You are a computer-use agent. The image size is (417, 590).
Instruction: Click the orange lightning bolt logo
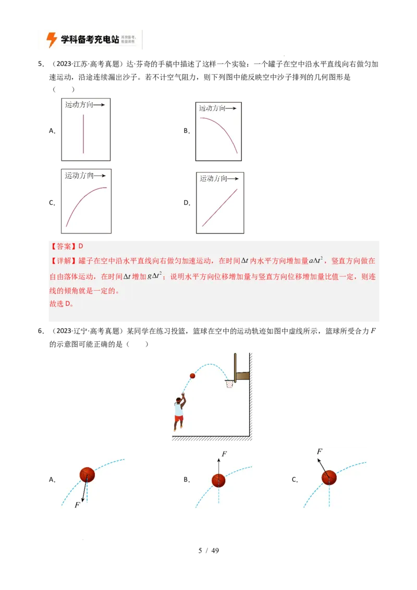click(x=52, y=40)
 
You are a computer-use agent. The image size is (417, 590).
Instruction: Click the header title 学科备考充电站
click(x=90, y=40)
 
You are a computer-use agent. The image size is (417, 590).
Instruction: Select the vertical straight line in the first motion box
click(x=83, y=134)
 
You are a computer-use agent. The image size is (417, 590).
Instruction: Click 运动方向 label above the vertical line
click(x=79, y=105)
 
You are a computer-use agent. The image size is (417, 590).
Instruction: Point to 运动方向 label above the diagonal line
click(x=214, y=178)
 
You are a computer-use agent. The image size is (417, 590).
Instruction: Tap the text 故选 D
click(x=62, y=304)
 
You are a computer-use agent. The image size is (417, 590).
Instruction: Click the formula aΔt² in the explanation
click(x=316, y=260)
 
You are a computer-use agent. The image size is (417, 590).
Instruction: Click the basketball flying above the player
click(x=192, y=376)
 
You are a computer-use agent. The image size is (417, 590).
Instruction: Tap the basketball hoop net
click(x=229, y=385)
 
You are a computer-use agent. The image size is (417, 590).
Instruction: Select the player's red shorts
click(x=179, y=418)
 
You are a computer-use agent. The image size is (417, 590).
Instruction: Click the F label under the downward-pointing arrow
click(x=77, y=505)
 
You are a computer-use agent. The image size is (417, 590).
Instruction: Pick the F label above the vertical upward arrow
click(x=224, y=454)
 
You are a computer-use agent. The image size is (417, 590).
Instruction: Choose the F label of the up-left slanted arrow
click(x=320, y=451)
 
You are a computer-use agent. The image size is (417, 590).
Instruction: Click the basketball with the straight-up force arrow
click(x=218, y=481)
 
